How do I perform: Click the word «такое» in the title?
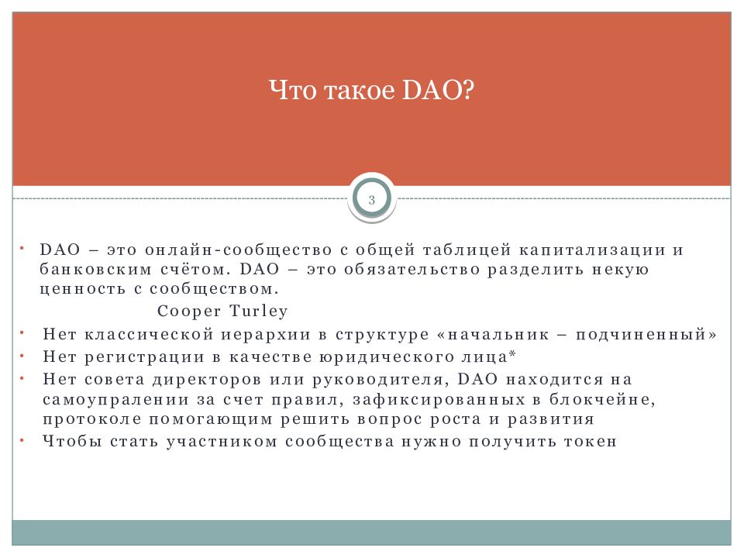[x=359, y=90]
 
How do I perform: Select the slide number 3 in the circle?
[x=371, y=200]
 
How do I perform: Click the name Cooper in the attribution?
[x=189, y=312]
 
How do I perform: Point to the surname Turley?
[x=259, y=312]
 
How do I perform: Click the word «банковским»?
[x=95, y=270]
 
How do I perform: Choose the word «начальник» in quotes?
[x=498, y=335]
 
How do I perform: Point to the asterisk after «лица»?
[x=512, y=353]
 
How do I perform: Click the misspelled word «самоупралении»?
[x=115, y=400]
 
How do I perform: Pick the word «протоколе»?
[x=92, y=419]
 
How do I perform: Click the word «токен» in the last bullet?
[x=591, y=442]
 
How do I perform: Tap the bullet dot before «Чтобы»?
[x=22, y=440]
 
